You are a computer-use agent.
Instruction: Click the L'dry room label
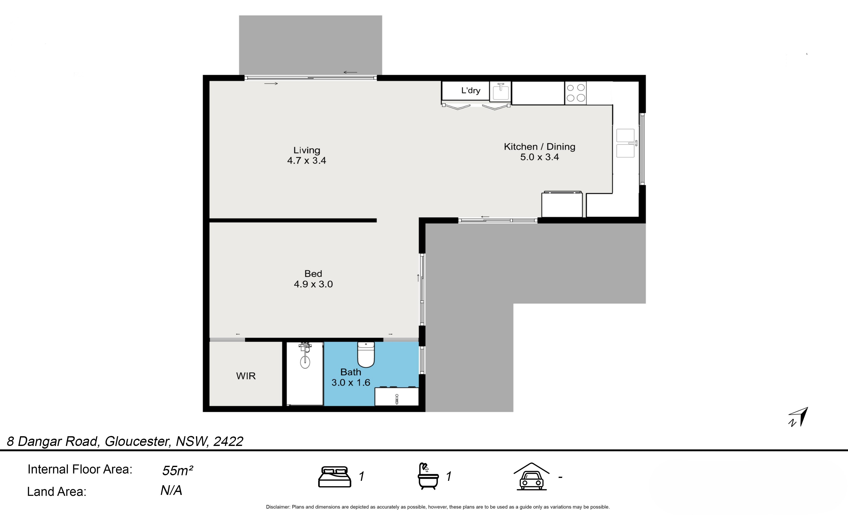[471, 91]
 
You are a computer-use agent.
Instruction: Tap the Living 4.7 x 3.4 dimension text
[307, 160]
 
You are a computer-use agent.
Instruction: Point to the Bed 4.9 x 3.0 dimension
[313, 284]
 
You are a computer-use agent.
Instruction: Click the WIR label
[246, 376]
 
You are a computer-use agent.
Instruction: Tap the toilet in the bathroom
[366, 355]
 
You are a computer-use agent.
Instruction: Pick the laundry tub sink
[500, 92]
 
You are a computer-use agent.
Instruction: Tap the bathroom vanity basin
[396, 396]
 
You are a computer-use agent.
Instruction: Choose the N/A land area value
[171, 491]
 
